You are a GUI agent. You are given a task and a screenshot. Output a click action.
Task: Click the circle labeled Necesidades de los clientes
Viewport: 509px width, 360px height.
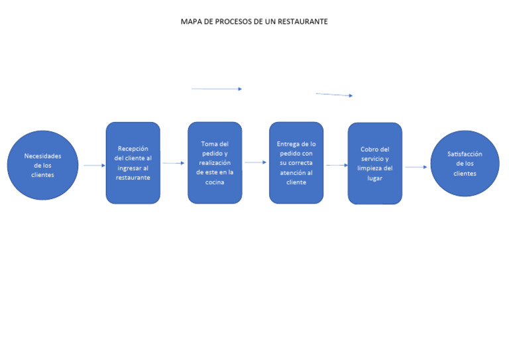point(43,165)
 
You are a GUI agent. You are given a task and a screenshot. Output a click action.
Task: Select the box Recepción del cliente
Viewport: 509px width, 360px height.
point(133,162)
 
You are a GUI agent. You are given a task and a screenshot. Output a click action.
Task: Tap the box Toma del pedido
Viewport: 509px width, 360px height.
point(214,162)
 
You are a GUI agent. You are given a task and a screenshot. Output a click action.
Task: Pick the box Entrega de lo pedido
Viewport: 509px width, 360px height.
point(296,162)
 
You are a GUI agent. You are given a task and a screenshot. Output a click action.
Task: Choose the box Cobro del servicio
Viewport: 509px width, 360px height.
point(374,163)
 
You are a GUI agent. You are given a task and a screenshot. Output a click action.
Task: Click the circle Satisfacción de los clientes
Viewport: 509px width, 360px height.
point(465,163)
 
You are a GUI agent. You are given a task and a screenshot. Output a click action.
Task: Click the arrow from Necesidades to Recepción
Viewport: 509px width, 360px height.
point(94,165)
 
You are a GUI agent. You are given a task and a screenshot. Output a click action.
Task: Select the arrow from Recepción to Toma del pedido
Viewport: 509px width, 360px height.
point(173,162)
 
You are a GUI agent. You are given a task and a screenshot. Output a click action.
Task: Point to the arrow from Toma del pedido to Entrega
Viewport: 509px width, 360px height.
point(255,162)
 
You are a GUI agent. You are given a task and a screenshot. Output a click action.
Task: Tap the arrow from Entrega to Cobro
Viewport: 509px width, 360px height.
point(337,165)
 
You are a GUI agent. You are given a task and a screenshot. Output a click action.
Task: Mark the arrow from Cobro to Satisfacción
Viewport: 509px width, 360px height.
point(416,167)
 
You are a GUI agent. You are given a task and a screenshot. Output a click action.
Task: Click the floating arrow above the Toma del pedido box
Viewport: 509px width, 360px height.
point(217,88)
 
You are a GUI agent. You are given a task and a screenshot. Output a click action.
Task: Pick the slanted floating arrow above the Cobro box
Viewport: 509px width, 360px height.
point(334,95)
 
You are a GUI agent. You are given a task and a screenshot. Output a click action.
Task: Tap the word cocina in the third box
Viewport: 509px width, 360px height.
point(214,182)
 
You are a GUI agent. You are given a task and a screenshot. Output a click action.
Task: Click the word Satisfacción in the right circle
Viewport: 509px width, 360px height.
point(465,154)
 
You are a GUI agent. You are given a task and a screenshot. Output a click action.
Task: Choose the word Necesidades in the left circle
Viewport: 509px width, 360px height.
point(43,156)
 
